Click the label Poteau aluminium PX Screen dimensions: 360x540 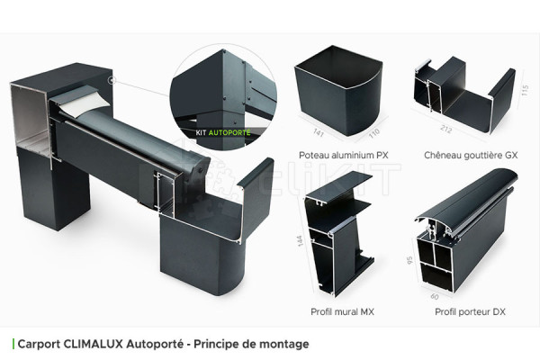click(338, 155)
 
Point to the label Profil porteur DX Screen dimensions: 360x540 click(470, 311)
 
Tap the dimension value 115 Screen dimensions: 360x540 click(525, 91)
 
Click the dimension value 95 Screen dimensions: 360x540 click(409, 262)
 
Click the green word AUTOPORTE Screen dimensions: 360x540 click(232, 131)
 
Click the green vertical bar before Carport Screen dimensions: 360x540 click(13, 344)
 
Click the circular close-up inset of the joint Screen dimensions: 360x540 click(221, 89)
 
